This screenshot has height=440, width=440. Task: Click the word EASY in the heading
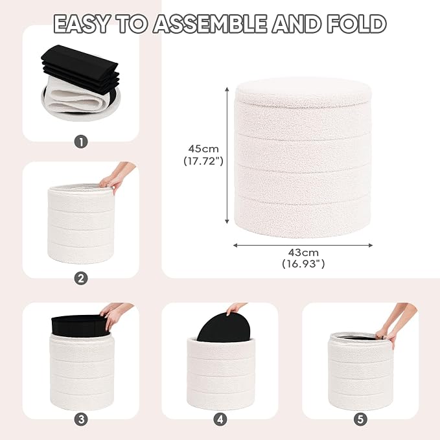pyautogui.click(x=82, y=24)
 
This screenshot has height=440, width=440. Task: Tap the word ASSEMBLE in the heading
pyautogui.click(x=210, y=24)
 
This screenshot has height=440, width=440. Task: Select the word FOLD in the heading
pyautogui.click(x=357, y=24)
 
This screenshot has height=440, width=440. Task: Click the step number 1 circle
pyautogui.click(x=81, y=142)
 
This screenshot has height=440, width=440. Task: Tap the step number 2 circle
pyautogui.click(x=81, y=279)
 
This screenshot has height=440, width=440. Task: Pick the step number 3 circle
pyautogui.click(x=81, y=419)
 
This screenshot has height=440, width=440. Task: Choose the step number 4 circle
pyautogui.click(x=220, y=419)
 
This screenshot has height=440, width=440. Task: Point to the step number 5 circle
pyautogui.click(x=360, y=419)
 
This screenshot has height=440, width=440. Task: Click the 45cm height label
pyautogui.click(x=203, y=148)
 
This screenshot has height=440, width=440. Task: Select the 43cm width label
pyautogui.click(x=303, y=253)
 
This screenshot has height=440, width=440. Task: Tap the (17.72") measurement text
pyautogui.click(x=203, y=161)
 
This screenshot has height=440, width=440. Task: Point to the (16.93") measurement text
pyautogui.click(x=303, y=264)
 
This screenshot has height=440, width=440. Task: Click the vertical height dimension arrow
pyautogui.click(x=227, y=156)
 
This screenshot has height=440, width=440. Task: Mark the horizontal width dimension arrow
pyautogui.click(x=303, y=246)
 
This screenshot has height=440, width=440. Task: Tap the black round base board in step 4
pyautogui.click(x=224, y=327)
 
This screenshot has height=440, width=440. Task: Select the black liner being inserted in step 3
pyautogui.click(x=79, y=325)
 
